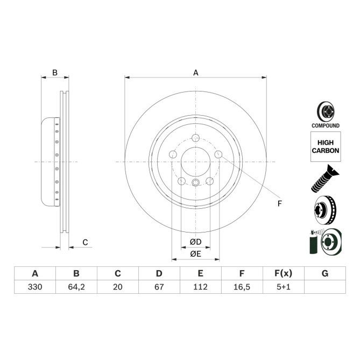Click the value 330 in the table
pyautogui.click(x=35, y=287)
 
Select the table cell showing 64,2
pyautogui.click(x=76, y=287)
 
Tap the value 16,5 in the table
pyautogui.click(x=242, y=287)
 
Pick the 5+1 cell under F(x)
pyautogui.click(x=283, y=287)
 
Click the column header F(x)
pyautogui.click(x=283, y=273)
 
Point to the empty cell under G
pyautogui.click(x=324, y=287)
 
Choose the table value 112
pyautogui.click(x=200, y=287)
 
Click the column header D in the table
pyautogui.click(x=159, y=273)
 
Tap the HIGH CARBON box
pyautogui.click(x=325, y=147)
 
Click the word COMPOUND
pyautogui.click(x=325, y=125)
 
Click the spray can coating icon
pyautogui.click(x=325, y=240)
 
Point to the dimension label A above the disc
pyautogui.click(x=195, y=72)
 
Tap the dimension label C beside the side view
pyautogui.click(x=85, y=243)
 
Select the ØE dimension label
pyautogui.click(x=195, y=254)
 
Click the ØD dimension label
pyautogui.click(x=195, y=242)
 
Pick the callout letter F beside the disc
pyautogui.click(x=279, y=203)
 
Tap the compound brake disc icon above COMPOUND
pyautogui.click(x=325, y=111)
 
